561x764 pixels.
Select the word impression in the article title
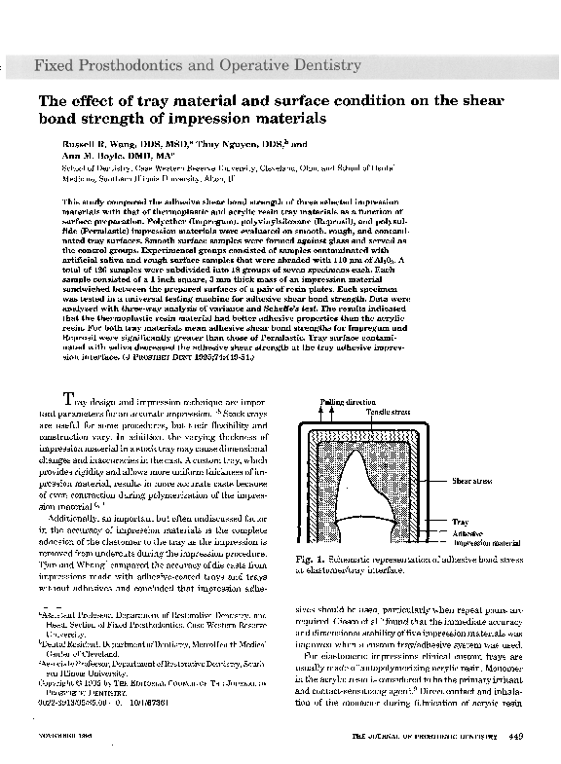click(278, 118)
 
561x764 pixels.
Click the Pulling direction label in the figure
click(349, 402)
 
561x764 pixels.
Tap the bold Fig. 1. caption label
click(309, 562)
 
